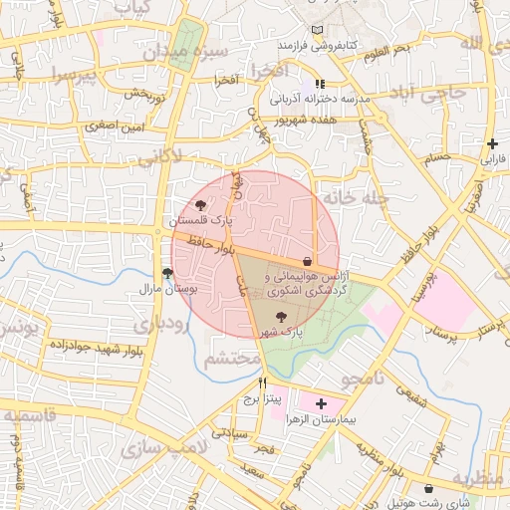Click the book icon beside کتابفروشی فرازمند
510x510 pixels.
pyautogui.click(x=318, y=31)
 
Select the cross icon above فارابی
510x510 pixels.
pyautogui.click(x=492, y=144)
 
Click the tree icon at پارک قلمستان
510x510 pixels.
pyautogui.click(x=202, y=204)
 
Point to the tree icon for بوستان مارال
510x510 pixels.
pyautogui.click(x=166, y=272)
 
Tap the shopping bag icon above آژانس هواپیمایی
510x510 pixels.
pyautogui.click(x=307, y=261)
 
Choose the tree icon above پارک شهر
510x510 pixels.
pyautogui.click(x=278, y=316)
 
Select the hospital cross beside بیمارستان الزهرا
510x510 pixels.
pyautogui.click(x=321, y=404)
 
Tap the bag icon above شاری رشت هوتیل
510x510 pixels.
pyautogui.click(x=429, y=488)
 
